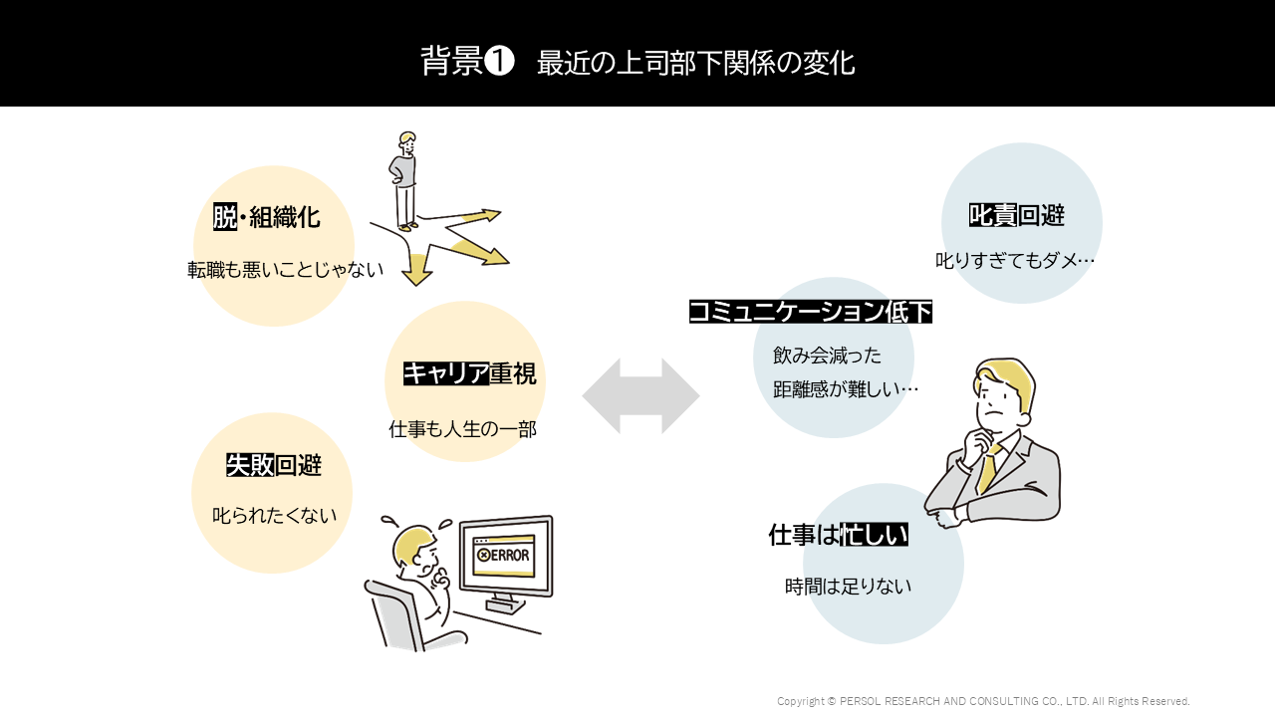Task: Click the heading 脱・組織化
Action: click(x=267, y=216)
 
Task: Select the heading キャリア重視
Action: click(x=469, y=373)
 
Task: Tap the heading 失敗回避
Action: click(x=274, y=464)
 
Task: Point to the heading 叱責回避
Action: click(x=1017, y=215)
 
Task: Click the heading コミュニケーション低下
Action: click(x=811, y=312)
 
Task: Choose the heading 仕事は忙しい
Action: click(x=838, y=535)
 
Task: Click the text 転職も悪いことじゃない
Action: click(x=286, y=270)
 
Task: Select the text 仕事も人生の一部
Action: click(x=463, y=429)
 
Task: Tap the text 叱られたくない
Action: click(x=275, y=516)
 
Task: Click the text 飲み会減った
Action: click(x=828, y=356)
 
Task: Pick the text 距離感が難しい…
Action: click(x=846, y=389)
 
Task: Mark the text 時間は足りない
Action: click(x=849, y=587)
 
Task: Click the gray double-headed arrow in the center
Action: click(x=640, y=395)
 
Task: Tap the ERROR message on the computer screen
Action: click(x=504, y=555)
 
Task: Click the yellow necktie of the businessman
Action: click(x=988, y=467)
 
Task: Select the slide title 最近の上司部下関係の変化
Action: click(x=695, y=63)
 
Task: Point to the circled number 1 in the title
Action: click(x=499, y=61)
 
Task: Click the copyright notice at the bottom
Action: click(x=983, y=701)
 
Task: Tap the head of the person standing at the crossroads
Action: click(x=406, y=140)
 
